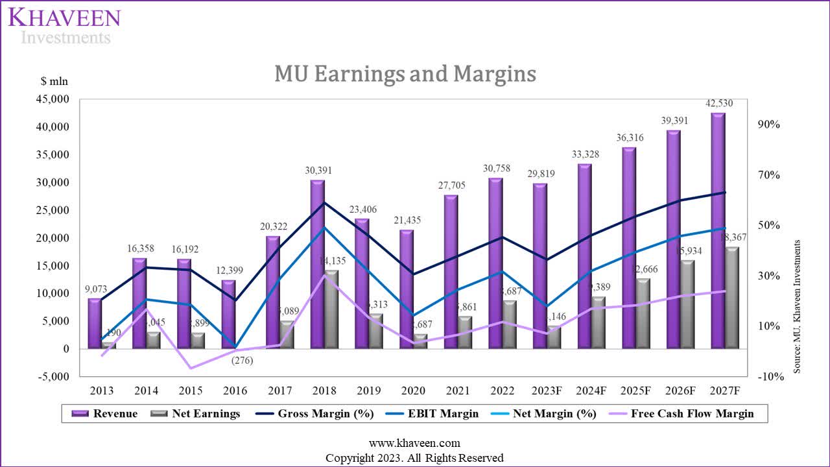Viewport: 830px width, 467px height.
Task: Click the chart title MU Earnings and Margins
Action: pos(405,74)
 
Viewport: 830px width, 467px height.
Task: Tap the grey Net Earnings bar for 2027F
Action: pos(732,298)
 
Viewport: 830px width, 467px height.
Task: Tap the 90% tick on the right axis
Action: pos(770,125)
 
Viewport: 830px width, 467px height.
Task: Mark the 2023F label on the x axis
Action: pos(547,391)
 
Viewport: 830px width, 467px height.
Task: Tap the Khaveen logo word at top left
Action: pos(64,17)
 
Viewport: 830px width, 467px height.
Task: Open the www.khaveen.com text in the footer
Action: pos(414,444)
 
